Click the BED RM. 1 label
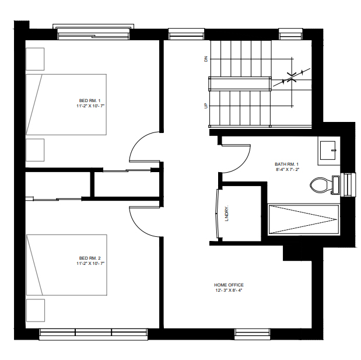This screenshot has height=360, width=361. [90, 101]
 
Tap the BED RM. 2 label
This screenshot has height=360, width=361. [90, 258]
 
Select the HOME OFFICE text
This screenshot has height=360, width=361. [229, 285]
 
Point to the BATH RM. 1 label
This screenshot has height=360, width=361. [286, 164]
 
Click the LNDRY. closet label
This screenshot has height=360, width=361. [227, 213]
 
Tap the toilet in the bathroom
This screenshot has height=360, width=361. [325, 185]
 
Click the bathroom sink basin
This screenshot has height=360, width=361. [328, 151]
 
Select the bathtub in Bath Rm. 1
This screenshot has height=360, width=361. [304, 219]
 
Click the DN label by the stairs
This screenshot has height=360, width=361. [206, 59]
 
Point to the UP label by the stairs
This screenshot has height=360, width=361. [206, 106]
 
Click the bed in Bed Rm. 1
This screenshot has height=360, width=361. [66, 104]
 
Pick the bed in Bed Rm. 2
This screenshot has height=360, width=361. [66, 265]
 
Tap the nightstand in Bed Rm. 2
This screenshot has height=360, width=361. [36, 310]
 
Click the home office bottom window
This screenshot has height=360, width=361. [253, 334]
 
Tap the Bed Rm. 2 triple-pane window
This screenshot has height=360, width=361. [93, 334]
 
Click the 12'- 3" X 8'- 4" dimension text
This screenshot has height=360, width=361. [229, 291]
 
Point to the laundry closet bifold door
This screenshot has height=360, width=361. [216, 214]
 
